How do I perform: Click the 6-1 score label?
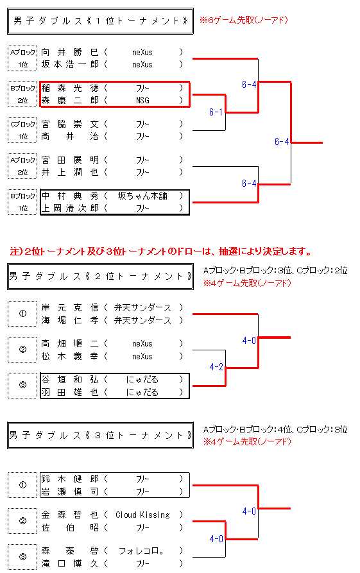pyautogui.click(x=216, y=112)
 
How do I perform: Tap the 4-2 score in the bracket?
pyautogui.click(x=216, y=366)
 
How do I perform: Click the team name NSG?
pyautogui.click(x=142, y=100)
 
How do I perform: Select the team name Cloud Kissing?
pyautogui.click(x=142, y=515)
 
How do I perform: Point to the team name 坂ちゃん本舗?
pyautogui.click(x=142, y=196)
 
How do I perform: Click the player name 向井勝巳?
pyautogui.click(x=70, y=52)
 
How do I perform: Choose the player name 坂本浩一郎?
pyautogui.click(x=70, y=64)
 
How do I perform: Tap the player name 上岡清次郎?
pyautogui.click(x=70, y=208)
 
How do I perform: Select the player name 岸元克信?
pyautogui.click(x=70, y=308)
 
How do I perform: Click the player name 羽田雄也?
pyautogui.click(x=70, y=392)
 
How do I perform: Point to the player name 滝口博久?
pyautogui.click(x=70, y=563)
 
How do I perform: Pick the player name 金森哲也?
pyautogui.click(x=70, y=515)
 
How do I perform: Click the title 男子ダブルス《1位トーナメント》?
pyautogui.click(x=101, y=21)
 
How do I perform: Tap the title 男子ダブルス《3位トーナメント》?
pyautogui.click(x=101, y=435)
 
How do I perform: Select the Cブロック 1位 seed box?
pyautogui.click(x=22, y=130)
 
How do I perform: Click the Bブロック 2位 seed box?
pyautogui.click(x=22, y=94)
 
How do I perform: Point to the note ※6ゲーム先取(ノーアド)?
pyautogui.click(x=244, y=20)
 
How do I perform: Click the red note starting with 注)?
pyautogui.click(x=161, y=252)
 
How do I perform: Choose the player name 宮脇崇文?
pyautogui.click(x=70, y=124)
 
